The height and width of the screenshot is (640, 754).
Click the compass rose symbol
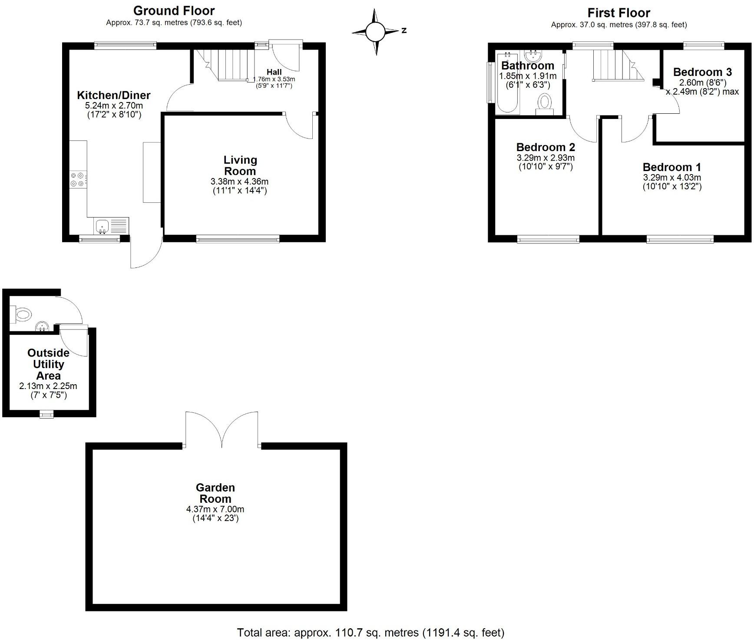375,32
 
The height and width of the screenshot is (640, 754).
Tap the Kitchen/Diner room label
114,96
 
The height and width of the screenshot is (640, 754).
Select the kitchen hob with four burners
78,180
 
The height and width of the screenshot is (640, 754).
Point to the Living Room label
240,165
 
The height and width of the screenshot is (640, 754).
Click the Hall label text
274,72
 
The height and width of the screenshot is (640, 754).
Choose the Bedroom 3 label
702,72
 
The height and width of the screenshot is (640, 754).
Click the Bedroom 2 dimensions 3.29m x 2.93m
546,158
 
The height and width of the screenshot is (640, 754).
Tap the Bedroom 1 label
672,167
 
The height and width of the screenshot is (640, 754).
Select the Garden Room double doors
222,430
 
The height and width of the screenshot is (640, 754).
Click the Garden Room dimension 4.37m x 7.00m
215,509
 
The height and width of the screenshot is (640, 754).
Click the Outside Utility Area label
48,364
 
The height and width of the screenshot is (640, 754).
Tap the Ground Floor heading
174,10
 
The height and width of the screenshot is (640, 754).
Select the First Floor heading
618,13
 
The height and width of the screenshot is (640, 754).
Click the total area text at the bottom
370,633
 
